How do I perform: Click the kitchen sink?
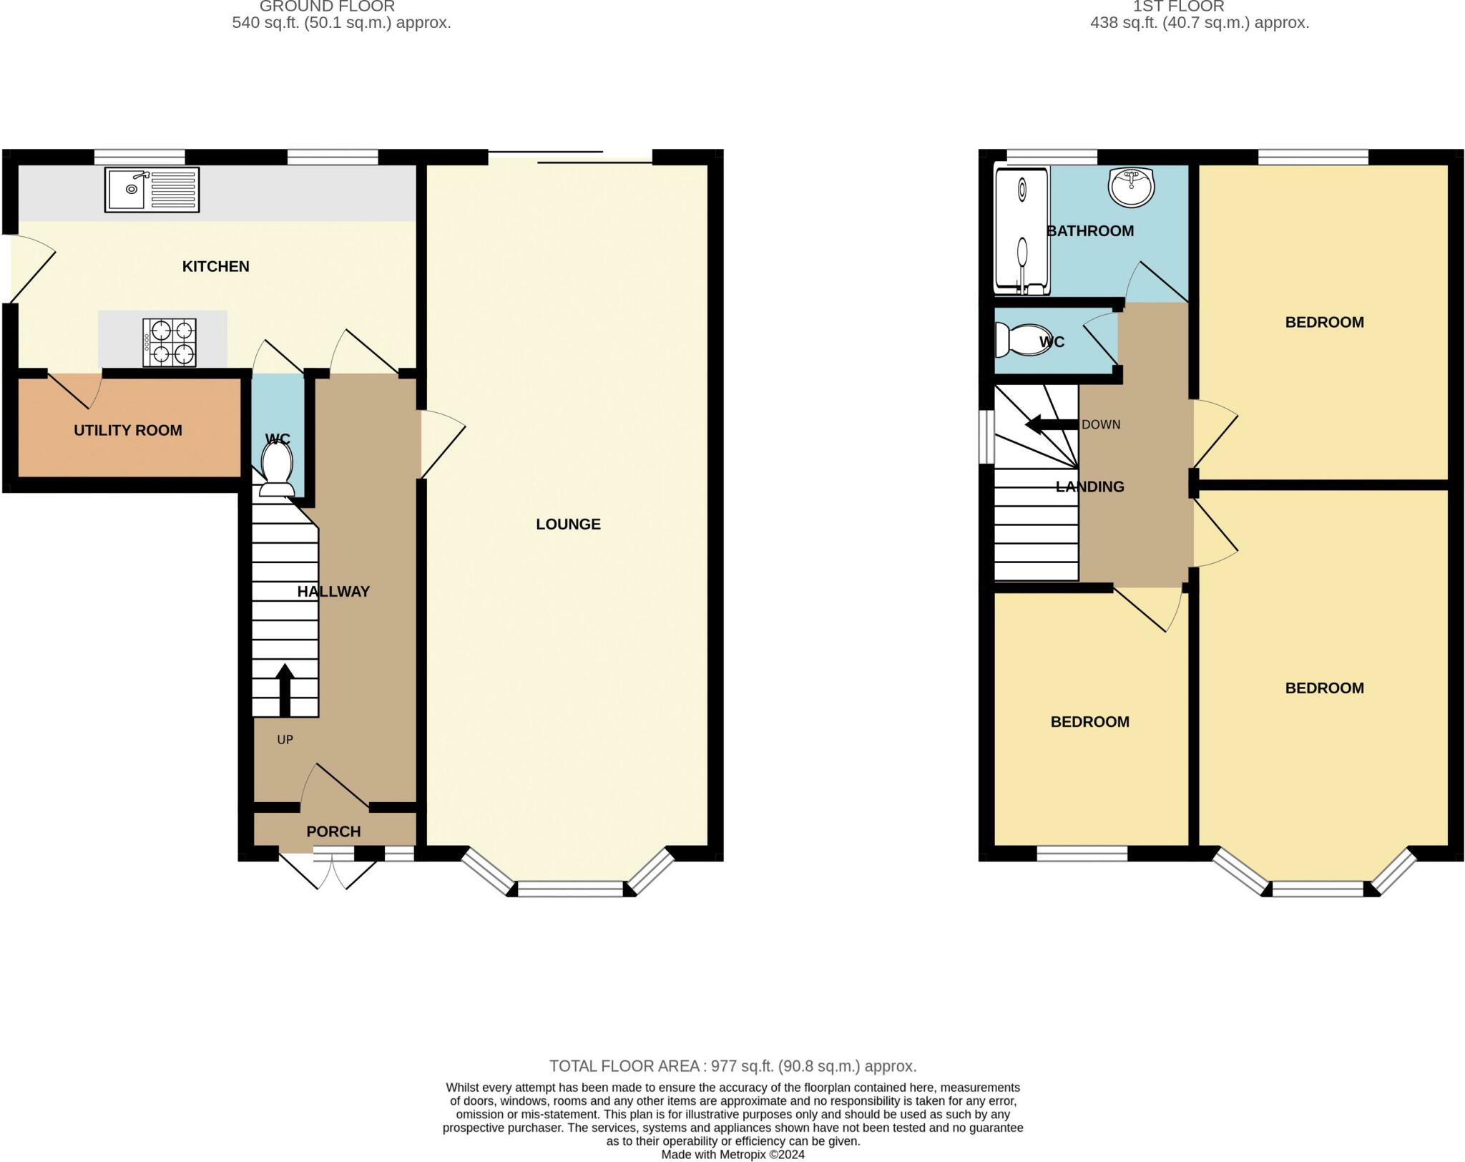pyautogui.click(x=152, y=190)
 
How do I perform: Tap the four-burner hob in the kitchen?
pyautogui.click(x=170, y=342)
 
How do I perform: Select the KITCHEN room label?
pyautogui.click(x=216, y=266)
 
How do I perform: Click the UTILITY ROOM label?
pyautogui.click(x=128, y=430)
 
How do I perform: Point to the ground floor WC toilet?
pyautogui.click(x=277, y=468)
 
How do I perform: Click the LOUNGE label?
pyautogui.click(x=569, y=524)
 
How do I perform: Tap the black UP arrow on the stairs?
pyautogui.click(x=285, y=690)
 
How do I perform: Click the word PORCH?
pyautogui.click(x=333, y=831)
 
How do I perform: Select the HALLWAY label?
pyautogui.click(x=333, y=591)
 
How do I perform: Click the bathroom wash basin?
pyautogui.click(x=1131, y=187)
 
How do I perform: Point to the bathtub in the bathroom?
pyautogui.click(x=1022, y=231)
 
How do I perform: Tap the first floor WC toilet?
pyautogui.click(x=1023, y=341)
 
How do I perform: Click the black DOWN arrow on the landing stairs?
pyautogui.click(x=1052, y=424)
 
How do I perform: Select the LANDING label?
pyautogui.click(x=1090, y=487)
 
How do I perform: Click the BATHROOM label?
pyautogui.click(x=1090, y=230)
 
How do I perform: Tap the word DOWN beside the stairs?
pyautogui.click(x=1101, y=424)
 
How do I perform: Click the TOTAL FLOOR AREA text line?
pyautogui.click(x=732, y=1066)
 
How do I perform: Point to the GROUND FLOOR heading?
pyautogui.click(x=327, y=6)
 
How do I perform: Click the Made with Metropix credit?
pyautogui.click(x=732, y=1154)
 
